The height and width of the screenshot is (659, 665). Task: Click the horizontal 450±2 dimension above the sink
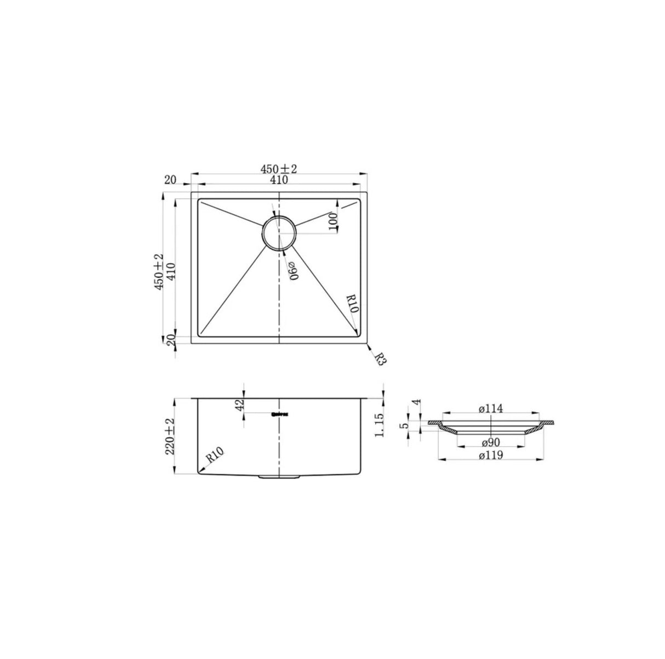(279, 169)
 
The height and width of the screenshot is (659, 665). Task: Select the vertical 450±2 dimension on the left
(159, 272)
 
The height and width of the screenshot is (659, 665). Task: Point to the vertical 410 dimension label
(170, 272)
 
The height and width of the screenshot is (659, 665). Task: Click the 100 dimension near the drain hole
(332, 221)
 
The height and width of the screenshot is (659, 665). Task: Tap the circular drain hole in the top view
(279, 233)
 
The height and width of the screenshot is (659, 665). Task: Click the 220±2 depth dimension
(169, 436)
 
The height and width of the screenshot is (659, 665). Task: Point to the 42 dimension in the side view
(238, 406)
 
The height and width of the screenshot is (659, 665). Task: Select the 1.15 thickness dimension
(378, 425)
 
